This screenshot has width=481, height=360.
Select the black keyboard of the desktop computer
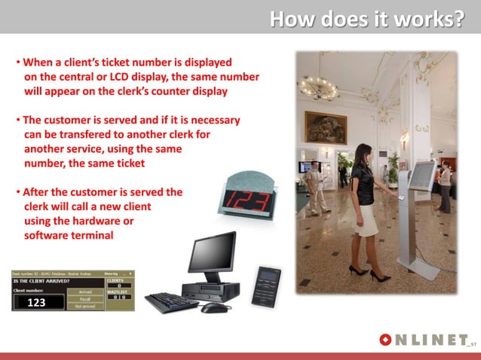tap(171, 303)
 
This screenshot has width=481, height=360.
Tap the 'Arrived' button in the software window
tap(85, 291)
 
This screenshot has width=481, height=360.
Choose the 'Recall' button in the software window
tap(85, 298)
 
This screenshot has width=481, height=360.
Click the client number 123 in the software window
tap(37, 303)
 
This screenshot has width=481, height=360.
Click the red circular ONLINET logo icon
tap(386, 340)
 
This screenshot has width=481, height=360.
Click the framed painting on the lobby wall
tap(325, 127)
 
